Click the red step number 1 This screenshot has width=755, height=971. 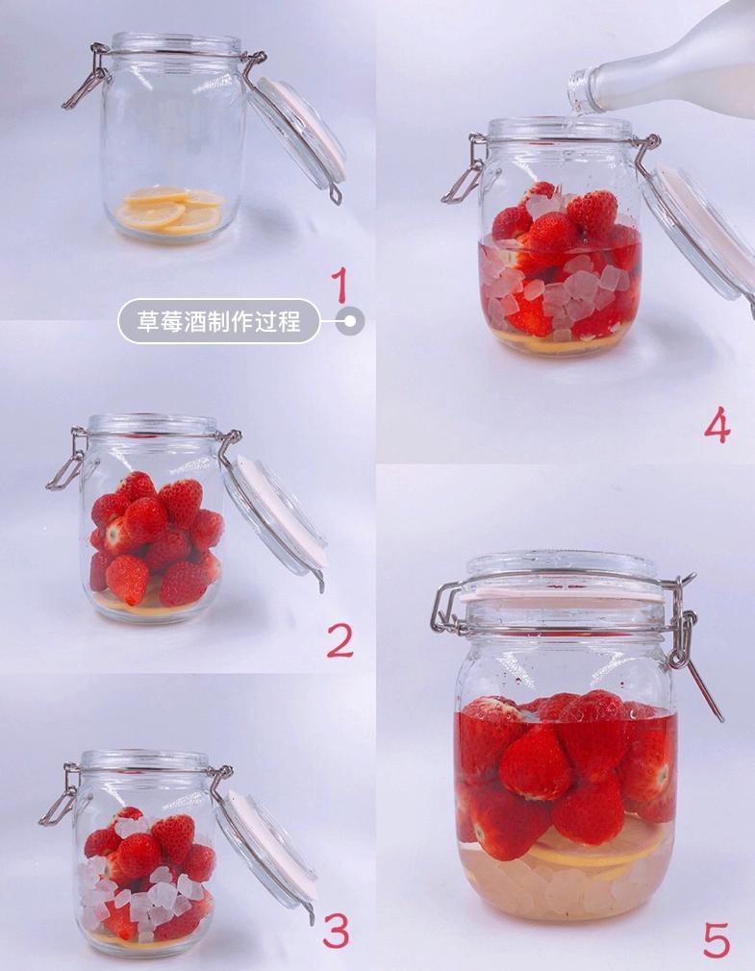pos(339,285)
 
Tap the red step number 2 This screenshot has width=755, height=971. pos(340,640)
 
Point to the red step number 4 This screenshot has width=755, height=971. pos(717,426)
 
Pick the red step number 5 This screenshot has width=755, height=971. pos(717,940)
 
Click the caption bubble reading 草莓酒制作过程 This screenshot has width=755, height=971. pos(218,321)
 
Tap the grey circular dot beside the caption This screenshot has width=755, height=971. pos(350,321)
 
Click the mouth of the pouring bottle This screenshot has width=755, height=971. pos(578,91)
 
